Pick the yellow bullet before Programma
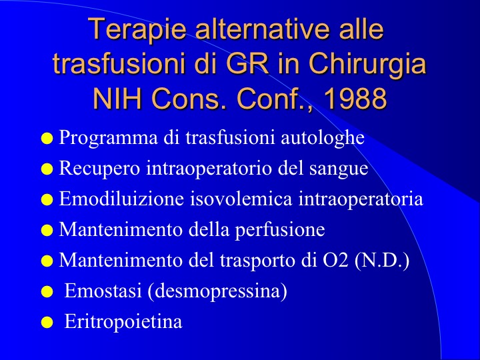click(47, 139)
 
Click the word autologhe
click(323, 139)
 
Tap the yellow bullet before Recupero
click(47, 169)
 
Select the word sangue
click(339, 169)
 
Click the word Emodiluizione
click(121, 199)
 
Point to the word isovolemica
click(241, 199)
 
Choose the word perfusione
click(280, 230)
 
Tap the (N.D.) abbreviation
click(382, 261)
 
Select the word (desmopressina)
click(217, 291)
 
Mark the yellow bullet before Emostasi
click(47, 291)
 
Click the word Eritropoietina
click(123, 321)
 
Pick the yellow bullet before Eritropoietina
click(47, 322)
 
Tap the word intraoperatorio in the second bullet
click(209, 169)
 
